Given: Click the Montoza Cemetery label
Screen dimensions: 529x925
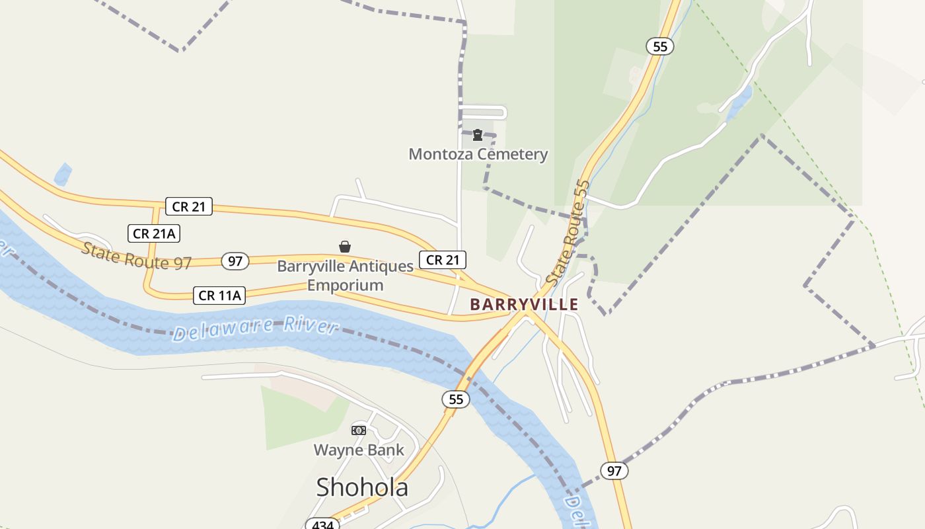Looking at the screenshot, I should (478, 154).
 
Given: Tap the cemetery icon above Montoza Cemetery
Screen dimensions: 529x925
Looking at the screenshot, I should (477, 136).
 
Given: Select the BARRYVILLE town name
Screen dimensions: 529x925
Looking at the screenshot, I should (524, 304).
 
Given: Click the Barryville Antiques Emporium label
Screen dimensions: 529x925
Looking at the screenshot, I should (345, 275).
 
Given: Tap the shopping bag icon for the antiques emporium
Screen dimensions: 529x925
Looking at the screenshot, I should (344, 247).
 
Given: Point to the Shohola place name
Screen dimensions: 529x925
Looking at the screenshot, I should (361, 487).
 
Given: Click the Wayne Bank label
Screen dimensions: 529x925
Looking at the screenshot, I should (358, 450).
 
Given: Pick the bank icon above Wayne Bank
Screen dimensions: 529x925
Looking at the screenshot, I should (358, 430).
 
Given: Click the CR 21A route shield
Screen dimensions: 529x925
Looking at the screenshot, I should (154, 233).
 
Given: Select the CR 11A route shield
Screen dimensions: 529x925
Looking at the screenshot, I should (219, 295).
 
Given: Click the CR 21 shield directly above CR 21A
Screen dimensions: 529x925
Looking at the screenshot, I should (188, 206).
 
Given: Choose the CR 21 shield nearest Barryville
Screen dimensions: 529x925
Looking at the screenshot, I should (442, 260).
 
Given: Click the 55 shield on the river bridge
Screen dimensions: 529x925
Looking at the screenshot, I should (456, 399).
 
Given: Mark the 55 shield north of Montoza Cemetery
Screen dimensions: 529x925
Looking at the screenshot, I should (659, 46).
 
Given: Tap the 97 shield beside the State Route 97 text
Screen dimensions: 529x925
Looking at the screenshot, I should (235, 261).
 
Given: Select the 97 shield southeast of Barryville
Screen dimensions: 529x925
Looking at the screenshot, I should (614, 471).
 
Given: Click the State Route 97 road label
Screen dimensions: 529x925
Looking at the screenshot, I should (136, 256).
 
